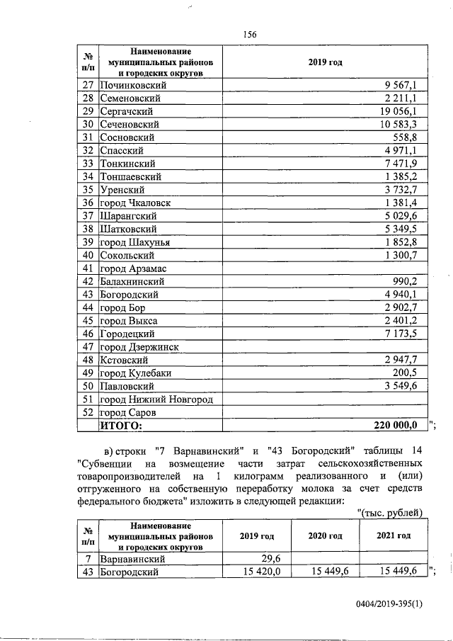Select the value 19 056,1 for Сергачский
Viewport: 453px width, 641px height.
pos(406,111)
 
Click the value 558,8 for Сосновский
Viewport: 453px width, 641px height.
pos(411,137)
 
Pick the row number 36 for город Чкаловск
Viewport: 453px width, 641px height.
pos(88,203)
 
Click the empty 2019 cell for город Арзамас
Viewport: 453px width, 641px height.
pos(325,268)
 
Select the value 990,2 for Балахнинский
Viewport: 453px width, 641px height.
pos(411,281)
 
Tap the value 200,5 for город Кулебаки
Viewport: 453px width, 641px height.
pos(411,373)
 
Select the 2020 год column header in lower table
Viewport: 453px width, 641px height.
pos(325,535)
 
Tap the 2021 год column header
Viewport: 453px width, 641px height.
pos(394,535)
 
